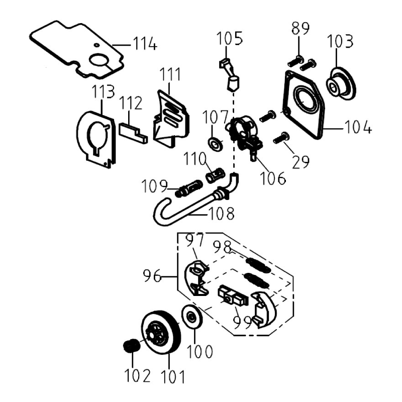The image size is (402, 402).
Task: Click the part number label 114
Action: click(x=145, y=44)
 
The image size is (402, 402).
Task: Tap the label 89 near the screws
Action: click(x=300, y=29)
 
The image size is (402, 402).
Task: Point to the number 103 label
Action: click(x=342, y=41)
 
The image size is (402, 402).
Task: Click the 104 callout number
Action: click(x=358, y=128)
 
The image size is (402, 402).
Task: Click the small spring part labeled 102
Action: click(x=131, y=346)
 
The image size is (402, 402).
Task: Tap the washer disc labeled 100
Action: click(x=192, y=317)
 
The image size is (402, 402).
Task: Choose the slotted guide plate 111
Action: click(x=170, y=119)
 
